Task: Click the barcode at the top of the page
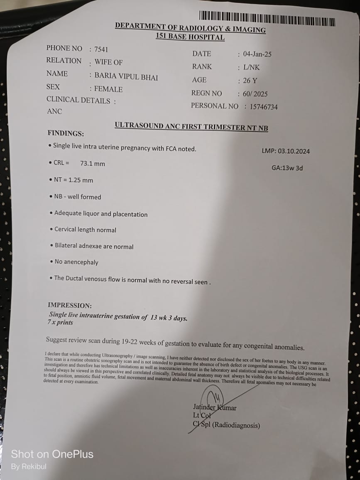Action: (267, 19)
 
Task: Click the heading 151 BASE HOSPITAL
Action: (190, 37)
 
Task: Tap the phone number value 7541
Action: (101, 49)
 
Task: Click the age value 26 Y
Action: (250, 81)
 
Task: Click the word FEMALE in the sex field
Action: (108, 89)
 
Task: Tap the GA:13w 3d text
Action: (287, 168)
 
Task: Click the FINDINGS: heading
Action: (66, 134)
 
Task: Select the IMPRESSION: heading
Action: (70, 305)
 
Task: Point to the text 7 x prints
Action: (60, 323)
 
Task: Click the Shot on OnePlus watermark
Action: (52, 454)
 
